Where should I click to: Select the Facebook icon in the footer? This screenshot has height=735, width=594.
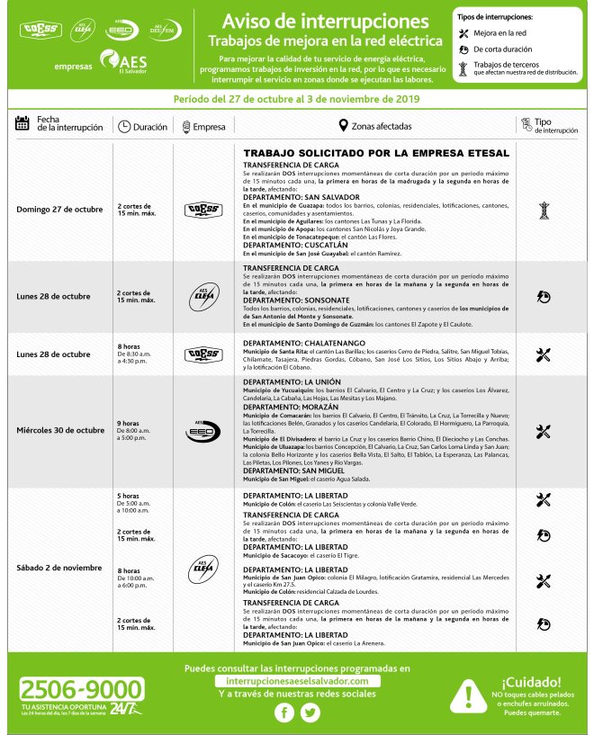(x=284, y=713)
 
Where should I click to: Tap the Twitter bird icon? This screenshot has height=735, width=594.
(x=310, y=713)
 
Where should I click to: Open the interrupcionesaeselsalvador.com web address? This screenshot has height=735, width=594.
(x=297, y=682)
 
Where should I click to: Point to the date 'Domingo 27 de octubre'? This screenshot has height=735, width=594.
(x=60, y=211)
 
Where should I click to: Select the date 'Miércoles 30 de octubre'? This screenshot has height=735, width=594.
(x=60, y=430)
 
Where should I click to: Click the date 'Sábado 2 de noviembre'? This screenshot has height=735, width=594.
(x=60, y=568)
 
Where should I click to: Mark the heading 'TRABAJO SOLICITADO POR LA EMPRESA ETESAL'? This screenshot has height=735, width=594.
(x=376, y=154)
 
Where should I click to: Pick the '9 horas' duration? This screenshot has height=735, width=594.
(x=128, y=423)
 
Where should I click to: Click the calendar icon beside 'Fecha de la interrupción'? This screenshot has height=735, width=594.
(x=23, y=124)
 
